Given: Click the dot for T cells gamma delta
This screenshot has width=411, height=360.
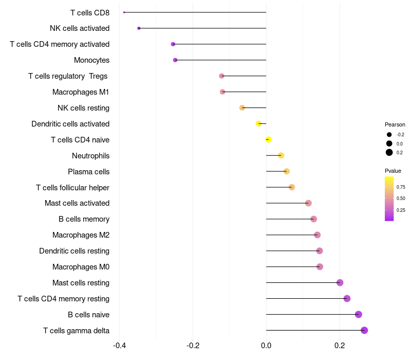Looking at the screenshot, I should [364, 330].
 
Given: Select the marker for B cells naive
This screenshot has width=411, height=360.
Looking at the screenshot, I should [359, 314].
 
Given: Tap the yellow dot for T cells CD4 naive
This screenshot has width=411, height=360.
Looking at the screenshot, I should [268, 139].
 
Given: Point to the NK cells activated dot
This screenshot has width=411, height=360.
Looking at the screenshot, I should [139, 28].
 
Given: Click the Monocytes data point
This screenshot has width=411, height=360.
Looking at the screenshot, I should [175, 60].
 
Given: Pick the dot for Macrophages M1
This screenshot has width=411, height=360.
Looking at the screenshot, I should [222, 92].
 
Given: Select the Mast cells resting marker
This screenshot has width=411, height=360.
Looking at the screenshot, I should [340, 282].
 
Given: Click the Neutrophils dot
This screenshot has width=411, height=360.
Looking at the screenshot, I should [281, 155].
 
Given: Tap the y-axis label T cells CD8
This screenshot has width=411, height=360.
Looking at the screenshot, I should [90, 12].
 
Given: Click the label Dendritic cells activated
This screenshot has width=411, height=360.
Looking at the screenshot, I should [70, 124].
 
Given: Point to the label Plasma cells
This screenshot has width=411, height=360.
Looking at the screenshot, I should [89, 172].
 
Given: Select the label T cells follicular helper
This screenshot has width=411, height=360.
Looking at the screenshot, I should [72, 188].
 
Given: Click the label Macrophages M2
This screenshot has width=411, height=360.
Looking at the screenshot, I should [81, 235].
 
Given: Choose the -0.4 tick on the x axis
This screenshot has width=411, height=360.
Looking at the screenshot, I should [119, 345].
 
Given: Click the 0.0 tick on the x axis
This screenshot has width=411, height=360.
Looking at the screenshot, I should [266, 345].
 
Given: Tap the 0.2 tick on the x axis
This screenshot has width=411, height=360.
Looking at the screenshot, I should [340, 345].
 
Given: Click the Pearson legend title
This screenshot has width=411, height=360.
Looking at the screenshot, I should [395, 124].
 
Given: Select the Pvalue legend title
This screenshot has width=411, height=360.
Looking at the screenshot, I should [393, 171].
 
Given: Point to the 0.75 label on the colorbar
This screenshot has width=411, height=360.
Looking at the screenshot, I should [401, 187].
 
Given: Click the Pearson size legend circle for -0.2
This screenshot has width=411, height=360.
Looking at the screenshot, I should [389, 135].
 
